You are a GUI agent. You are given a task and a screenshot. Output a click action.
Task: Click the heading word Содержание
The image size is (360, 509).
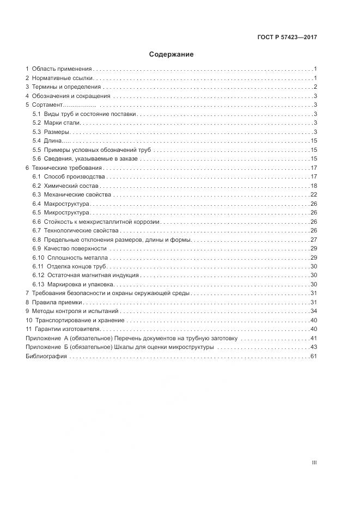(x=171, y=54)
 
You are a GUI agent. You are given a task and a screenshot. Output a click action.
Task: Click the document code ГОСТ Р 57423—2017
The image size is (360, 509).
(x=287, y=37)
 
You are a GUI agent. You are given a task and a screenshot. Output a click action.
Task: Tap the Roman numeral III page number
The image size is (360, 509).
(x=314, y=463)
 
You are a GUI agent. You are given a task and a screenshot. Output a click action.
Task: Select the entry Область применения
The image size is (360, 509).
(x=62, y=69)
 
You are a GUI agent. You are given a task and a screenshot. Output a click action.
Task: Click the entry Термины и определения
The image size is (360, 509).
(x=66, y=87)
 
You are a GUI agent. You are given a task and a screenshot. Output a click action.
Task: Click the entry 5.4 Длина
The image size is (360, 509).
(x=48, y=141)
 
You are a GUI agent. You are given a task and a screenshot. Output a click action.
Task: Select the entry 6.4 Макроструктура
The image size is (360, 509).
(x=64, y=204)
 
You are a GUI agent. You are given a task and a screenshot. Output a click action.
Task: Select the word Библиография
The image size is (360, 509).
(x=46, y=356)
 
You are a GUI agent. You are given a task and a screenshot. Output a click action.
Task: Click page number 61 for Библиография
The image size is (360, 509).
(x=314, y=356)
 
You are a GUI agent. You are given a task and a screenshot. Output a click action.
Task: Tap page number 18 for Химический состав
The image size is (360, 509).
(x=314, y=186)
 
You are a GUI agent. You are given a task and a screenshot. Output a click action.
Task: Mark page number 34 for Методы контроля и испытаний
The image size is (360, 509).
(x=314, y=311)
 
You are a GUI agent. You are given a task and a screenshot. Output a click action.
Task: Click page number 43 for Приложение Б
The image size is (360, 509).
(x=314, y=347)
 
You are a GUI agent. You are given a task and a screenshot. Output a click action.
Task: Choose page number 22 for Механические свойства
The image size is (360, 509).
(x=314, y=195)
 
